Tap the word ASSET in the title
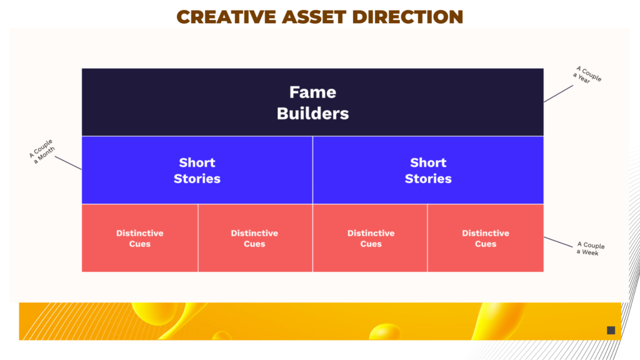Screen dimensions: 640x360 [x=314, y=17]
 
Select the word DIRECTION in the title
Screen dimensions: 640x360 [x=407, y=17]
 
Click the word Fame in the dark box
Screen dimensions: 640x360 [x=312, y=92]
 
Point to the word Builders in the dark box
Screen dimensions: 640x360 [x=312, y=114]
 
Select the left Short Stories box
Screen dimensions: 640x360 [x=197, y=170]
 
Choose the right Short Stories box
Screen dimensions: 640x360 [x=428, y=170]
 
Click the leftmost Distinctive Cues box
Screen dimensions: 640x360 [x=139, y=238]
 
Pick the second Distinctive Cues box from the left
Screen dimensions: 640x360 [x=255, y=238]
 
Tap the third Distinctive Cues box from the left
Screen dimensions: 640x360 [x=370, y=238]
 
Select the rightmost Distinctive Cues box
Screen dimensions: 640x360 [x=486, y=238]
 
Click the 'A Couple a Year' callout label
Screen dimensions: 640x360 [x=587, y=75]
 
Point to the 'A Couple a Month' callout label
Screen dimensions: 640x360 [x=42, y=151]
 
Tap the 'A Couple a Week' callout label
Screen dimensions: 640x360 [x=590, y=249]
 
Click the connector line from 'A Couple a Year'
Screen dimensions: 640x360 [x=558, y=94]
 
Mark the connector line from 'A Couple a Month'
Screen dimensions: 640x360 [x=68, y=163]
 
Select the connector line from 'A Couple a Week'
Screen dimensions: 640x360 [x=558, y=242]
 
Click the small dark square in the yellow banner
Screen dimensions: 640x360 [x=611, y=330]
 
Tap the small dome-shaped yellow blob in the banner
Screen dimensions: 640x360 [x=385, y=331]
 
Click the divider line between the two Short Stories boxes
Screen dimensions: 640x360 [x=312, y=170]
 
